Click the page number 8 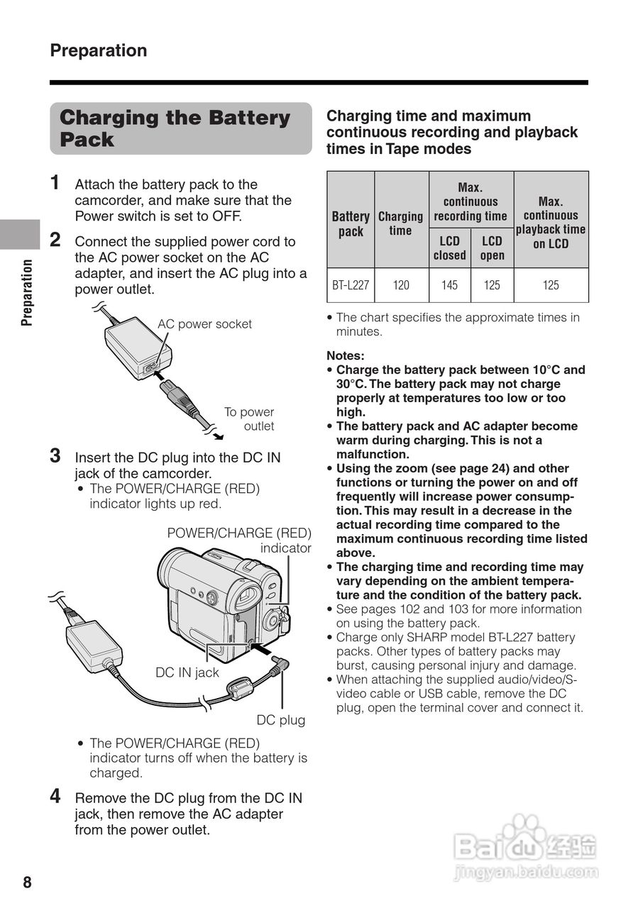pyautogui.click(x=27, y=882)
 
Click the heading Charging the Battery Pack pyautogui.click(x=175, y=128)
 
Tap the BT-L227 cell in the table pyautogui.click(x=351, y=285)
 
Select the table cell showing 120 pyautogui.click(x=401, y=285)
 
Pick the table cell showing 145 pyautogui.click(x=449, y=285)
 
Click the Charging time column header pyautogui.click(x=400, y=223)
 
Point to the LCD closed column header pyautogui.click(x=449, y=248)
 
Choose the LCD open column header pyautogui.click(x=492, y=248)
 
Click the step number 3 pyautogui.click(x=55, y=455)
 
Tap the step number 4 pyautogui.click(x=55, y=796)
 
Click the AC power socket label pyautogui.click(x=204, y=324)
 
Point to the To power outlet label pyautogui.click(x=250, y=419)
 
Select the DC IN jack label pyautogui.click(x=187, y=672)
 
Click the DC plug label pyautogui.click(x=281, y=720)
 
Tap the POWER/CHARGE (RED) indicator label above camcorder pyautogui.click(x=239, y=541)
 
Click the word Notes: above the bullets pyautogui.click(x=345, y=355)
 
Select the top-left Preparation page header pyautogui.click(x=99, y=50)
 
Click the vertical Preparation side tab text pyautogui.click(x=27, y=292)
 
